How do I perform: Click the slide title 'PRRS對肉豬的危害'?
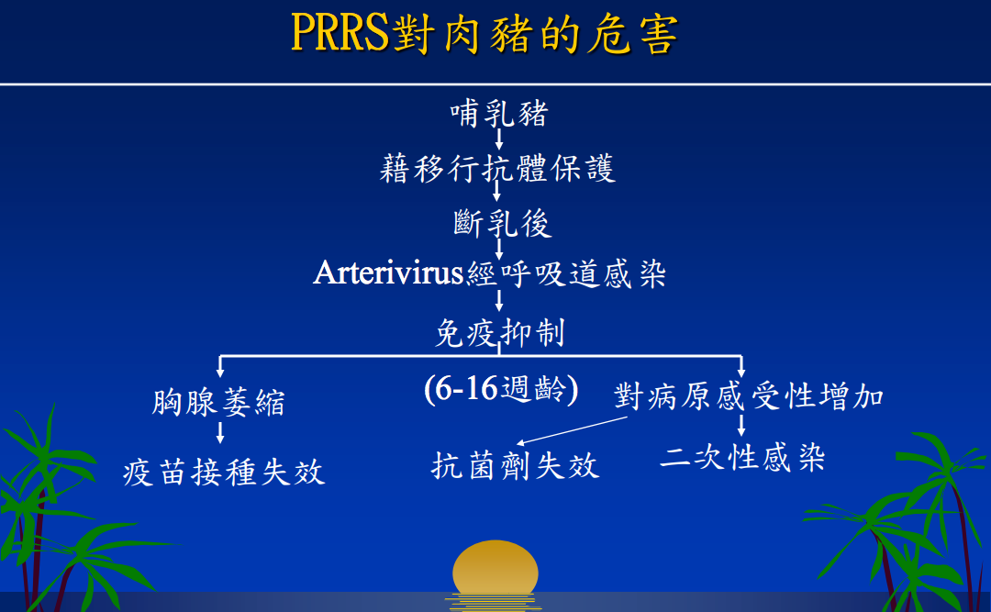[x=484, y=33]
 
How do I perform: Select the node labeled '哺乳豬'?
[x=498, y=114]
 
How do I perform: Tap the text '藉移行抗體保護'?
[x=497, y=169]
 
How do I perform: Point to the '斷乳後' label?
[x=503, y=223]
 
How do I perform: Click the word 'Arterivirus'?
[x=389, y=273]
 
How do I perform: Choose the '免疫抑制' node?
[x=500, y=332]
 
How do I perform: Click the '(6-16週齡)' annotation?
[x=501, y=389]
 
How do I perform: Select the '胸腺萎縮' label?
[x=218, y=402]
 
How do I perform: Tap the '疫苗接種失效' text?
[x=224, y=473]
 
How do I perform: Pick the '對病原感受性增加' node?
[x=749, y=396]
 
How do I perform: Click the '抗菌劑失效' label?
[x=515, y=466]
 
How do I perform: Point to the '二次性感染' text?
[x=742, y=457]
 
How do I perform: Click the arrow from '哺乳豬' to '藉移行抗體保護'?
[x=498, y=139]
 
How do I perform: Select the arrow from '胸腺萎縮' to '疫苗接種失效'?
[x=220, y=432]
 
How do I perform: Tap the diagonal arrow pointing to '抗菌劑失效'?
[x=572, y=430]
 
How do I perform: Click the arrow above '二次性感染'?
[x=741, y=425]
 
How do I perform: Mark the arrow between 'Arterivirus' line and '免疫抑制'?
[x=498, y=300]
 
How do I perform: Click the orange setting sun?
[x=495, y=569]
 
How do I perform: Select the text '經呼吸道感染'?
[x=566, y=273]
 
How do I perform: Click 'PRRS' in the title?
[x=340, y=32]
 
